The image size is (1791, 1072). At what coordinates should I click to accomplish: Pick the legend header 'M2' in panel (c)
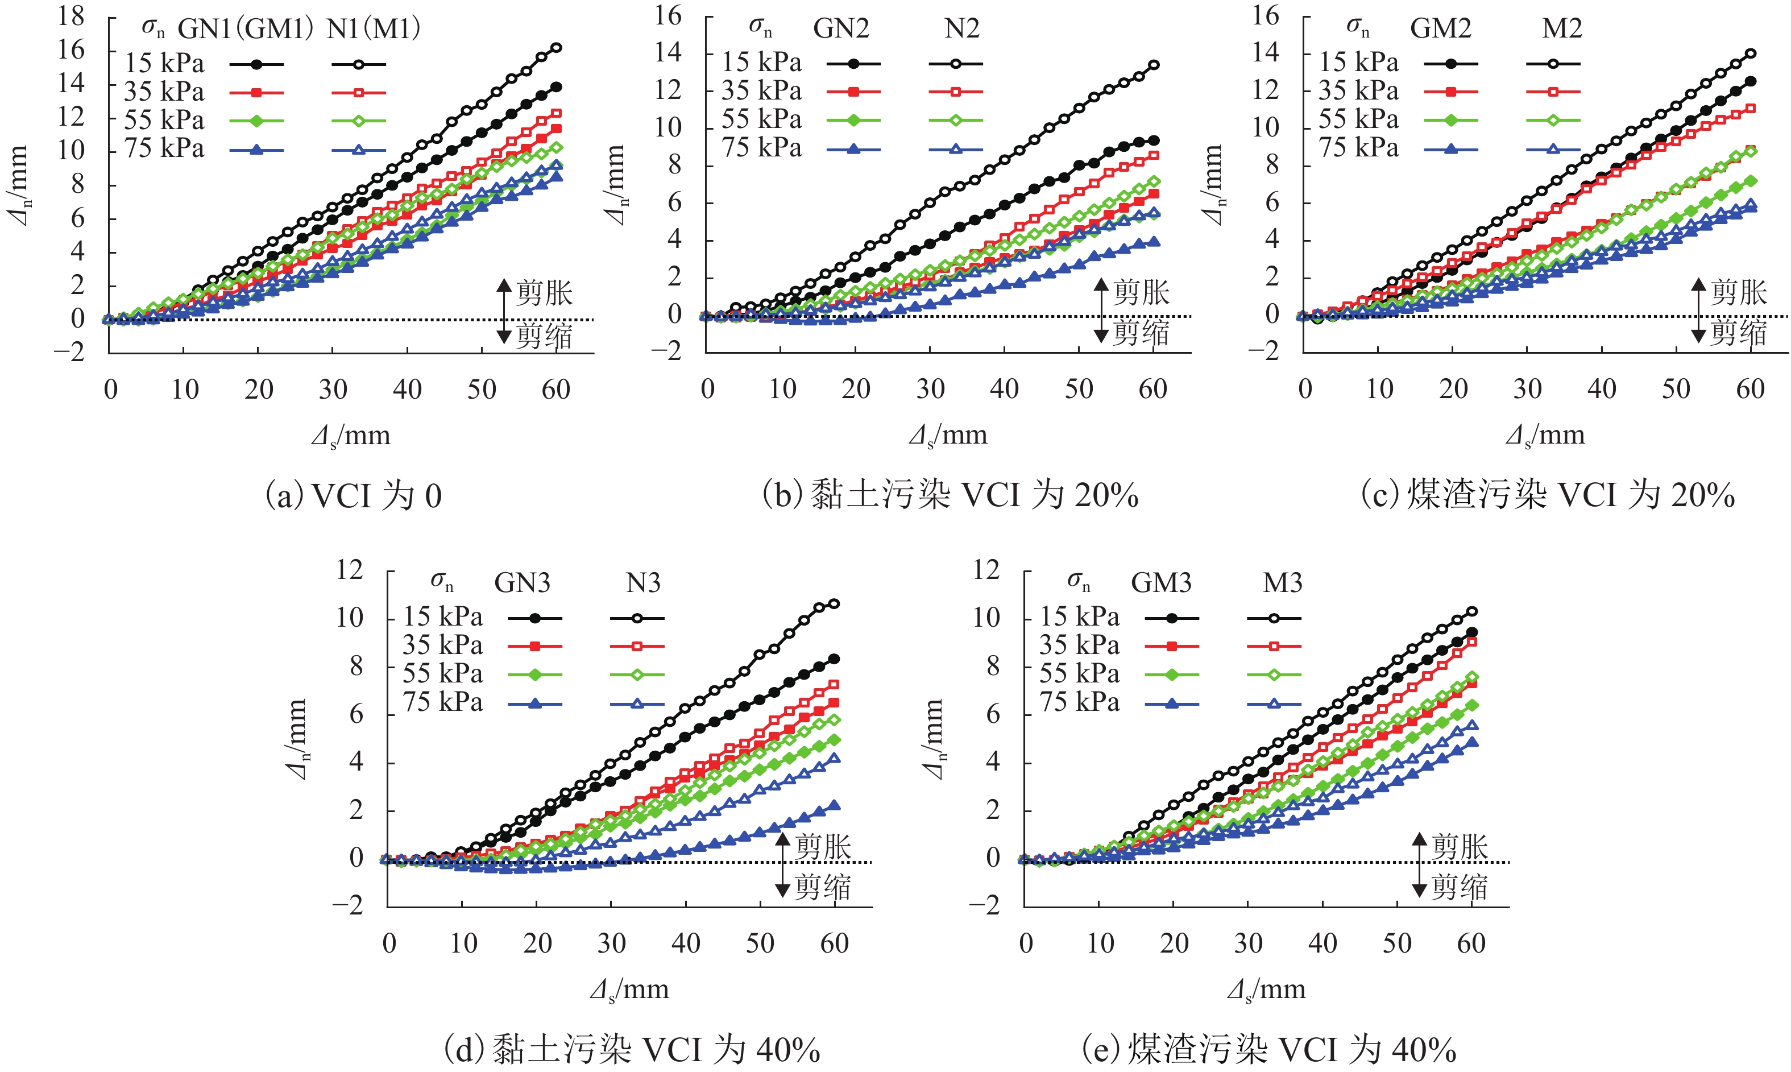[1562, 29]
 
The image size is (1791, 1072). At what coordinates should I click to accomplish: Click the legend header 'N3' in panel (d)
[642, 583]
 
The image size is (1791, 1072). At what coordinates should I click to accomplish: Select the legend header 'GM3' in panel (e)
[1160, 583]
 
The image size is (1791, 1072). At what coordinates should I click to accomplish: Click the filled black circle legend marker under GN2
[853, 64]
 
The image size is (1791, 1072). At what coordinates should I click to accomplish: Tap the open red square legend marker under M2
[1553, 92]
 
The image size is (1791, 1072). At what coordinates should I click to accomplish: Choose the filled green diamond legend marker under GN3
[535, 674]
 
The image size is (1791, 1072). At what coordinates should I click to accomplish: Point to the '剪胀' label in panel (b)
[1141, 292]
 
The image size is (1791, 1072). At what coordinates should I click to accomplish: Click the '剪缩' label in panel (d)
[823, 887]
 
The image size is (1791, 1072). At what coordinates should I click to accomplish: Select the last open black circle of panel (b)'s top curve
[1154, 65]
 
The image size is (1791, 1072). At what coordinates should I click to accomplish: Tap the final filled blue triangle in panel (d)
[834, 805]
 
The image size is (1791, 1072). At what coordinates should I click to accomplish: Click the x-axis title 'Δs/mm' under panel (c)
[1545, 436]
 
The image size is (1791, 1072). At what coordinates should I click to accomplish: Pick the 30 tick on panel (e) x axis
[1248, 943]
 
